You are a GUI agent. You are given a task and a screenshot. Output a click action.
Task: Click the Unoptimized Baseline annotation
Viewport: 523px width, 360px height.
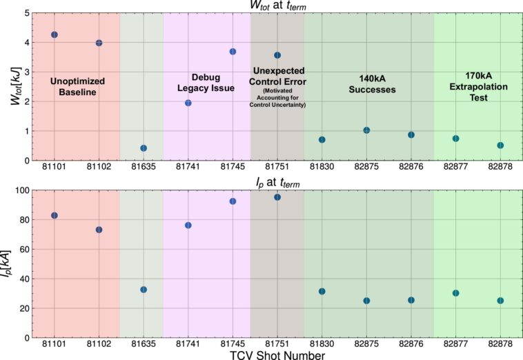78,86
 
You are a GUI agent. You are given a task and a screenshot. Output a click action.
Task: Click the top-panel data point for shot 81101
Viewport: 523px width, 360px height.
55,34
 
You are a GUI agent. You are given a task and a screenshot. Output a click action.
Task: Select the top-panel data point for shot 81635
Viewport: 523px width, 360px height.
144,148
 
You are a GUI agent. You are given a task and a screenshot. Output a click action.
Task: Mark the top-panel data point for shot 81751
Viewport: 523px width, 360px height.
277,55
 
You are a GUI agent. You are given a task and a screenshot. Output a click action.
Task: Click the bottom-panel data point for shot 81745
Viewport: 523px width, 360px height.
233,201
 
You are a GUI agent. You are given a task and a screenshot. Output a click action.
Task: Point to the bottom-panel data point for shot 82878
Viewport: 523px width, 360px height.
500,301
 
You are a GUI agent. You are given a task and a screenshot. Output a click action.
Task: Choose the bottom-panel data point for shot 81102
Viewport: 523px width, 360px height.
99,230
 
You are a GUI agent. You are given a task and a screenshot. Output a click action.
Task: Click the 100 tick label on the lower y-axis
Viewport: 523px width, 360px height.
21,190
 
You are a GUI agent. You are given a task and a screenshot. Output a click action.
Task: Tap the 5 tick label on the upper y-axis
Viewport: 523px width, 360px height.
26,13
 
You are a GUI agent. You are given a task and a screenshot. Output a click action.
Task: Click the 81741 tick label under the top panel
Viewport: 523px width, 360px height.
188,167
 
